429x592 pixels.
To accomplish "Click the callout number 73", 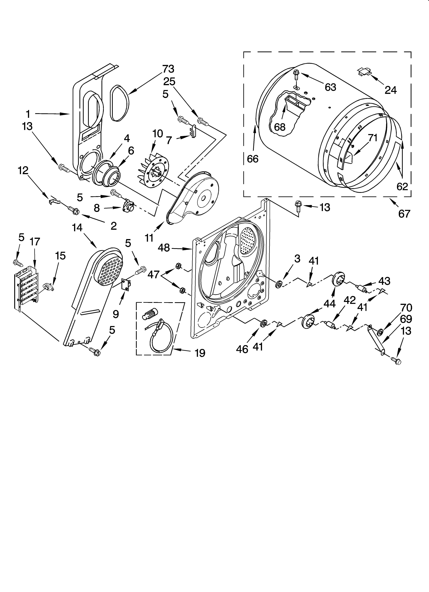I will click(x=168, y=69).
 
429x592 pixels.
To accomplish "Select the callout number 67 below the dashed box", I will click(x=404, y=214).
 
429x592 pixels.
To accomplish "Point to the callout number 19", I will click(x=200, y=353).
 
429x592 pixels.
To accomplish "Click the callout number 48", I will click(x=164, y=248).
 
